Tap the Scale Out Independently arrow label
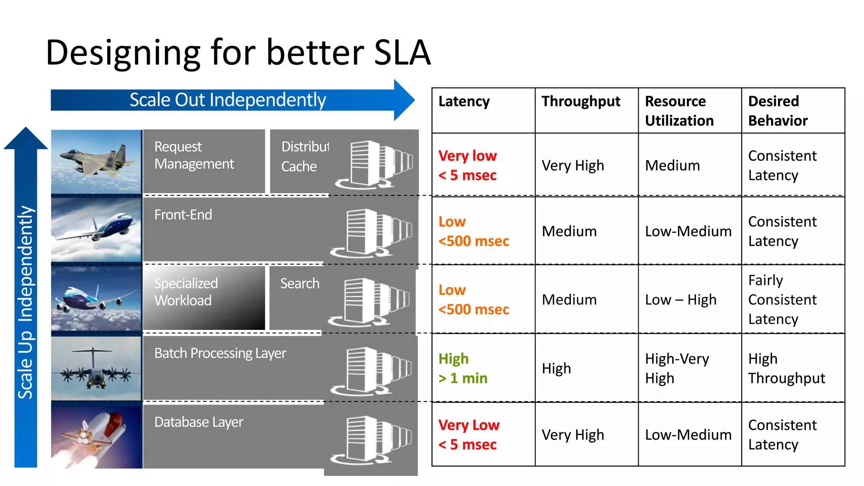click(227, 100)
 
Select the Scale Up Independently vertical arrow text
click(25, 302)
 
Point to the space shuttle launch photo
click(96, 436)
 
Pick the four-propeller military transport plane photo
click(96, 368)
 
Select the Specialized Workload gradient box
click(204, 298)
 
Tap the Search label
click(300, 283)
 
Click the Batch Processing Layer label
click(220, 353)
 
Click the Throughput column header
click(580, 101)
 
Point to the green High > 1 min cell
click(463, 368)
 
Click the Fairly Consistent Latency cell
click(782, 300)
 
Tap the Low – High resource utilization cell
click(680, 300)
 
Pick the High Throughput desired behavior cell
click(786, 368)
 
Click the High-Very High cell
click(677, 368)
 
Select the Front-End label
click(183, 215)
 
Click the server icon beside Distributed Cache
click(373, 165)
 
